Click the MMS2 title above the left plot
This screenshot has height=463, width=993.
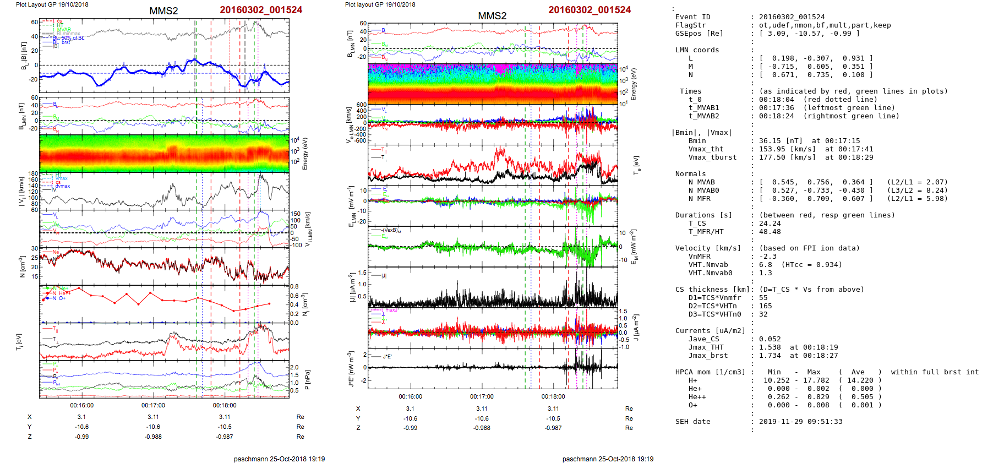click(x=163, y=11)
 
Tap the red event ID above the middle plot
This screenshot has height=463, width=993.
click(x=590, y=10)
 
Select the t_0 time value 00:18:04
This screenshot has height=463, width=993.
click(x=777, y=100)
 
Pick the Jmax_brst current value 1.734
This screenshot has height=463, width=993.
click(x=770, y=356)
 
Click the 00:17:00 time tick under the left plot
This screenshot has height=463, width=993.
click(x=153, y=406)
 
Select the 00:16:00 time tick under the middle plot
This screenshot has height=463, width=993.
click(x=410, y=396)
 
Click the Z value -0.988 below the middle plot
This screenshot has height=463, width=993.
click(x=482, y=428)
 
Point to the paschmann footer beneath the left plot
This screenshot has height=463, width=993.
click(x=279, y=459)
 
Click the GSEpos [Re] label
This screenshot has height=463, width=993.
click(x=699, y=34)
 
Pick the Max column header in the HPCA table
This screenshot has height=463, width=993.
click(x=814, y=372)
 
